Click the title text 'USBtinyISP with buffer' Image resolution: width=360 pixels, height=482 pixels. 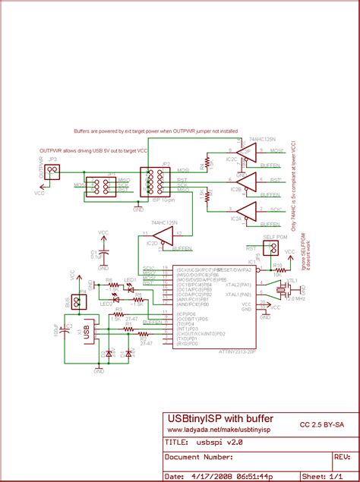coord(220,418)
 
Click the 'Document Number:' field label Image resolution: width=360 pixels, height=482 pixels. coord(199,457)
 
